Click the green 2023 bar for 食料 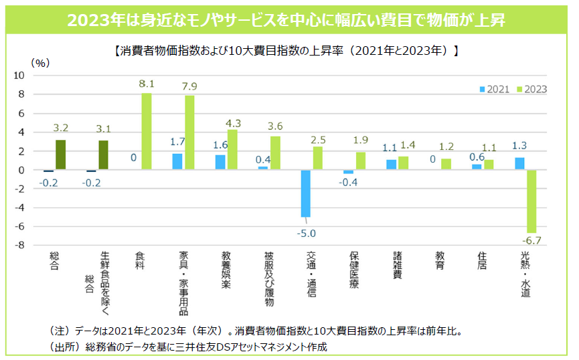(x=146, y=131)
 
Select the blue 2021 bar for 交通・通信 (x=306, y=193)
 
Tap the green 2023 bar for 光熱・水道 (x=531, y=201)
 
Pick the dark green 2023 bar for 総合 (x=60, y=155)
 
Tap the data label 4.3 (x=233, y=122)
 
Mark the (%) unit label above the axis (x=41, y=63)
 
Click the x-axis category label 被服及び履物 (x=268, y=278)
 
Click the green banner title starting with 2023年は (x=289, y=20)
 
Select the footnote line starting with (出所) (x=190, y=347)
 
